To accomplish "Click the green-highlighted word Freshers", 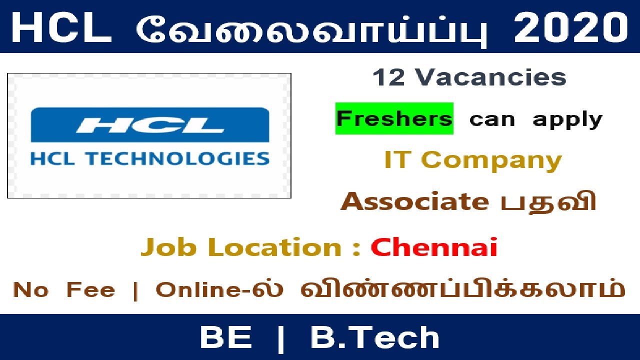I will (394, 119).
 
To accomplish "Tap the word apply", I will (567, 120).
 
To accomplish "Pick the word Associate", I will (414, 201).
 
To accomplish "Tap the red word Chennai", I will (434, 247).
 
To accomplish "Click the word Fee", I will (90, 290).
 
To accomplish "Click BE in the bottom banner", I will (225, 337).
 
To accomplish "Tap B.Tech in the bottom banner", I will (375, 337).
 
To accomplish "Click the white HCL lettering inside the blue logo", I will (149, 125).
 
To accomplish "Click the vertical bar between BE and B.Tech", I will (281, 337).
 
